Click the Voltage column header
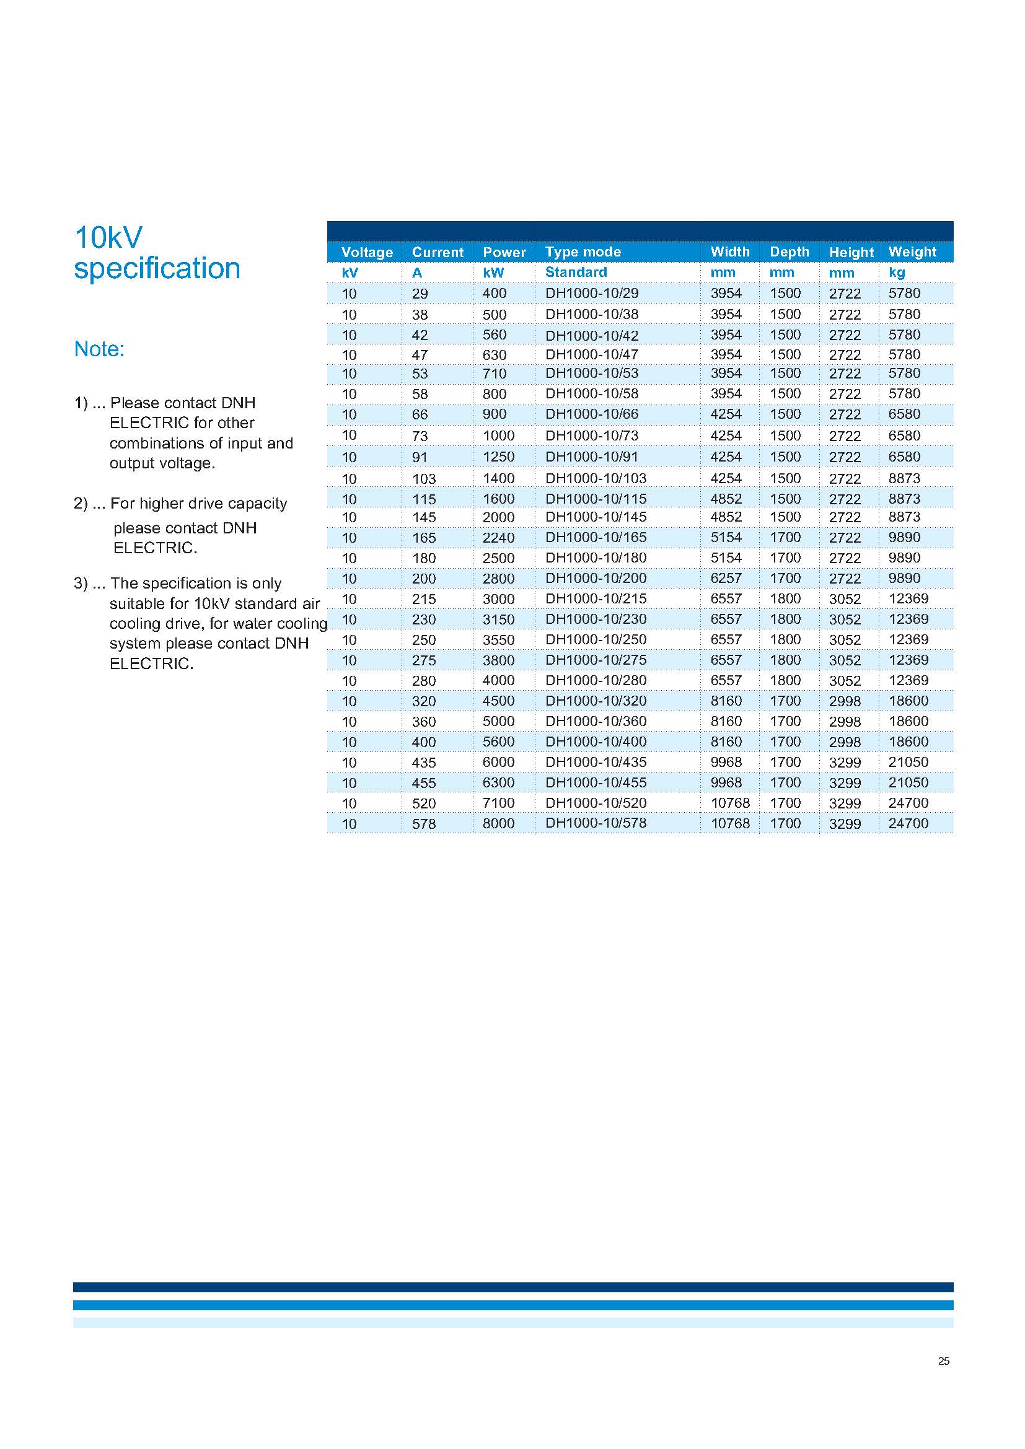(x=367, y=252)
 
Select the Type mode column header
(x=583, y=252)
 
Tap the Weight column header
(x=912, y=252)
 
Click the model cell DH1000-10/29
(x=591, y=294)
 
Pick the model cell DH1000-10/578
(x=596, y=823)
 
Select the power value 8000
(x=499, y=823)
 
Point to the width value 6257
(x=726, y=578)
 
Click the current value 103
(x=423, y=479)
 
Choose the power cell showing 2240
(x=499, y=538)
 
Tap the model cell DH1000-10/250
(x=596, y=639)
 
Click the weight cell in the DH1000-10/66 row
(x=904, y=414)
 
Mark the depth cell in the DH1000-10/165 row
(x=785, y=538)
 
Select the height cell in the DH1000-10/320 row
(x=845, y=701)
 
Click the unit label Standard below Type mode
(x=576, y=273)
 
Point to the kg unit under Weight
(x=896, y=273)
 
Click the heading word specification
(x=157, y=268)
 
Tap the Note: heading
(x=99, y=349)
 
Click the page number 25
(x=944, y=1361)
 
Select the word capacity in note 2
(x=258, y=504)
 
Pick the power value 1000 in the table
(x=499, y=436)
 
